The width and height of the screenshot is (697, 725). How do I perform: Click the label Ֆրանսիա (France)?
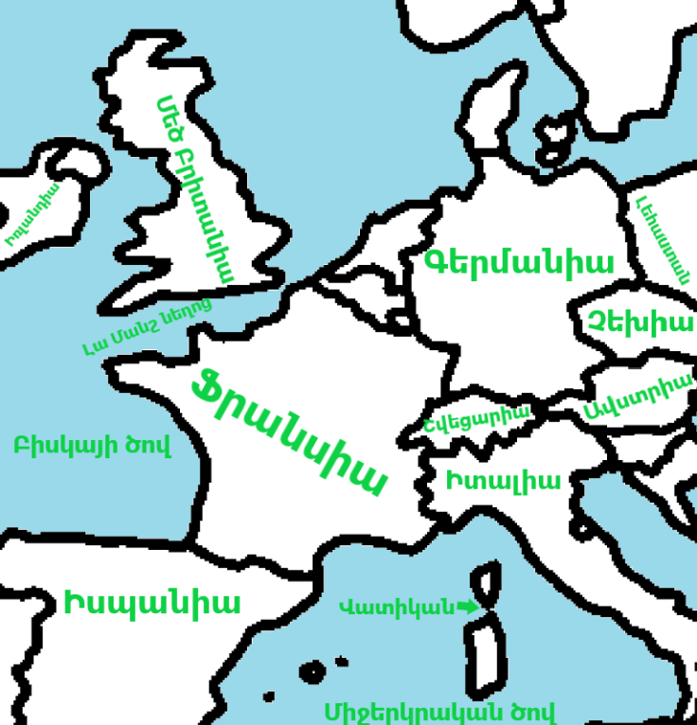coord(289,432)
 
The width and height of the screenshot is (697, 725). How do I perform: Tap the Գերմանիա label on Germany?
coord(519,262)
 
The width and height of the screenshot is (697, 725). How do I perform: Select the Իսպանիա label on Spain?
coord(152,603)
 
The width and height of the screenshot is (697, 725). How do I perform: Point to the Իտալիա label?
coord(503,480)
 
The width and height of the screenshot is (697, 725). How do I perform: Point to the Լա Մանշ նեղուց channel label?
coord(147,327)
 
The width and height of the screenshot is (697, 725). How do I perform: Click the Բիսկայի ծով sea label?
coord(93,446)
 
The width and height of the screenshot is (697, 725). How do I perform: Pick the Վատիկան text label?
coord(397,607)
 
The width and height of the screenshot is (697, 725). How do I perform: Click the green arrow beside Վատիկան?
coord(466,607)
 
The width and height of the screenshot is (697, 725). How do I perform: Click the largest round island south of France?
coord(312,671)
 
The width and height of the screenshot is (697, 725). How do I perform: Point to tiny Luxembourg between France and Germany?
coord(402,321)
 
